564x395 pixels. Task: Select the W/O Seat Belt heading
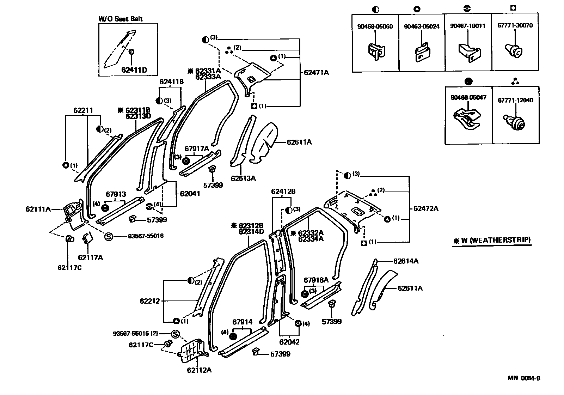pos(120,19)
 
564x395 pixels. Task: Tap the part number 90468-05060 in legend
pos(375,26)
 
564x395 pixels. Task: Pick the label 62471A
pos(316,73)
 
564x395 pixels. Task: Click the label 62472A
pos(425,208)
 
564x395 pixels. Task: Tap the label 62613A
pos(243,178)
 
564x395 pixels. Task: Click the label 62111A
pos(38,209)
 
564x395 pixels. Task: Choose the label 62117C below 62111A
pos(69,267)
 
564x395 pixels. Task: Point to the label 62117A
pos(91,257)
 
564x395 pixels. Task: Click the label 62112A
pos(199,370)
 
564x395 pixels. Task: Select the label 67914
pos(242,322)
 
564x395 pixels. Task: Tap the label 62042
pos(289,342)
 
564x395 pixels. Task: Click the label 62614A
pos(406,261)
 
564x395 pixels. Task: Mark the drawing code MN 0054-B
pos(524,378)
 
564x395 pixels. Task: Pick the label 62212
pos(149,301)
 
